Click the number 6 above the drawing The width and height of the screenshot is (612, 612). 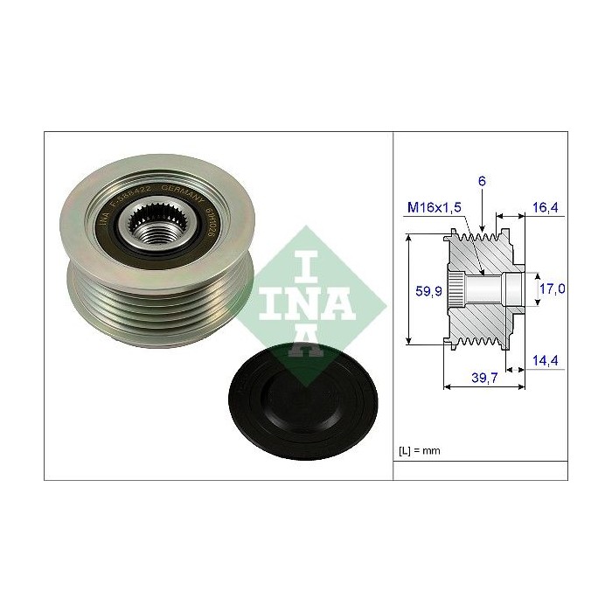(x=481, y=181)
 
